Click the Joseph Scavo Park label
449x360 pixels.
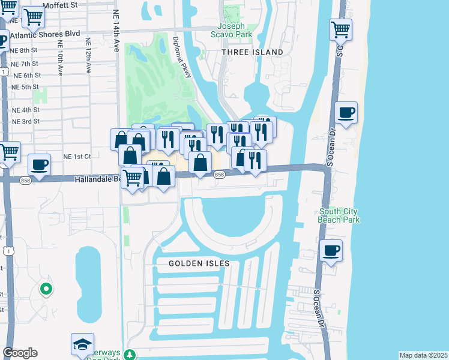tap(231, 31)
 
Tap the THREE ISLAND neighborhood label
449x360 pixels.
tap(252, 53)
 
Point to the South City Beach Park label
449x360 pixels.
tap(339, 216)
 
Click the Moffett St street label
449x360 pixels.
tap(62, 5)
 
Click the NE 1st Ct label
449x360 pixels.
tap(76, 156)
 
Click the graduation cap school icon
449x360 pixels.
tap(82, 344)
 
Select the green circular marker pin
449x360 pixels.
tap(46, 290)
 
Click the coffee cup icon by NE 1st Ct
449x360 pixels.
tap(40, 164)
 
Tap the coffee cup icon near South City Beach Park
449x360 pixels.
tap(331, 250)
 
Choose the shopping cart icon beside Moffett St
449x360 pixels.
tap(33, 17)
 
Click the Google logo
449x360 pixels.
tap(19, 353)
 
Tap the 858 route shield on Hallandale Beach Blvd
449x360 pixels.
tap(219, 175)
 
